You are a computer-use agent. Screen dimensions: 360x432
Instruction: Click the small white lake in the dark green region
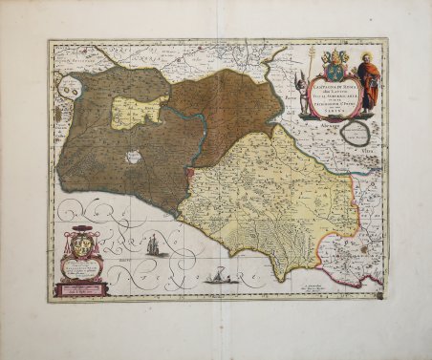point(134,156)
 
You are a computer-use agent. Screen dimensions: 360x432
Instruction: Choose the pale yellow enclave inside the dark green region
point(139,113)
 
